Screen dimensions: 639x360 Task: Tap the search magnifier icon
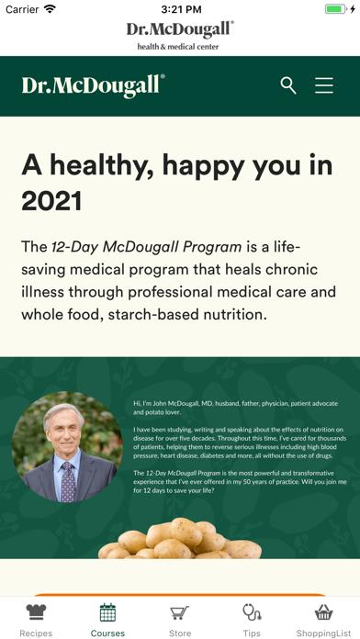point(288,85)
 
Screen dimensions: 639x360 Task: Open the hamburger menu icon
point(324,85)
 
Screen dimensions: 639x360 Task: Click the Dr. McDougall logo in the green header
point(93,85)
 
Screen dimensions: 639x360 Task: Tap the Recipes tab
point(36,620)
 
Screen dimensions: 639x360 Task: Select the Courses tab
point(107,620)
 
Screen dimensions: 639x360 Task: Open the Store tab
point(180,620)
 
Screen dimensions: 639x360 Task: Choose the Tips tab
point(252,620)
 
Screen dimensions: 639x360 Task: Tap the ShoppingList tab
point(323,620)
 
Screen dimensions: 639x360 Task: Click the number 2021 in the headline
point(51,200)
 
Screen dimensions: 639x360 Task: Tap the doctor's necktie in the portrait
point(68,478)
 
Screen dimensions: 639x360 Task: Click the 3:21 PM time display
point(180,9)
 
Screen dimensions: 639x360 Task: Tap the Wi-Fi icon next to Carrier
point(50,9)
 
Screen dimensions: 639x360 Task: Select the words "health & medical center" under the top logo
point(178,46)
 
